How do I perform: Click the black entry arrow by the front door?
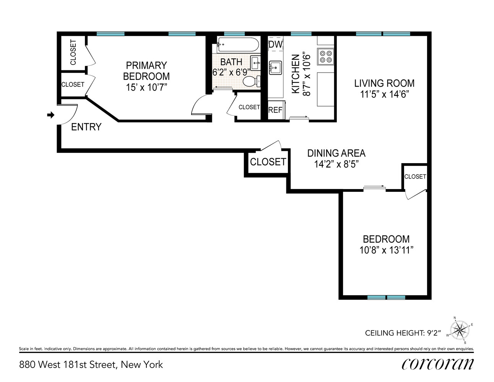51,115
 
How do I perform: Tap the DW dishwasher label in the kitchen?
276,45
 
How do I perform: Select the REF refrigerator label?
275,110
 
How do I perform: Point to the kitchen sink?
275,68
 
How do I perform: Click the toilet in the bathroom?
252,81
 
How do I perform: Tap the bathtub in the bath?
237,45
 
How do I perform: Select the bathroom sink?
255,63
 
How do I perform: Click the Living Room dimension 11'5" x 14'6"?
384,94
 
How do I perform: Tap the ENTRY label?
86,127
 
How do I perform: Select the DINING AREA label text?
336,153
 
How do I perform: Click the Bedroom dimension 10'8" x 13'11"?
386,250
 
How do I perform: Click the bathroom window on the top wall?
234,34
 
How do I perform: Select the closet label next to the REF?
249,107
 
